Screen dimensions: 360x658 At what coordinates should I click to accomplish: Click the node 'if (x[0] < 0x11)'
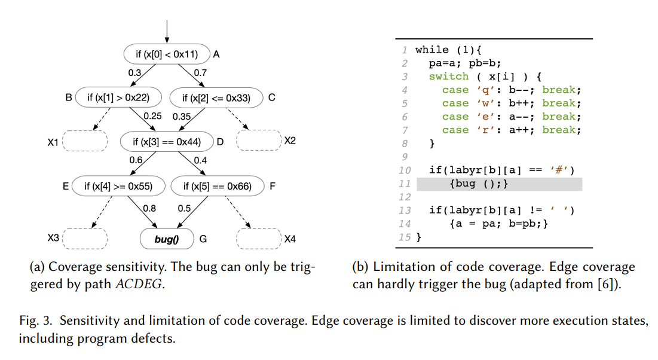(x=167, y=54)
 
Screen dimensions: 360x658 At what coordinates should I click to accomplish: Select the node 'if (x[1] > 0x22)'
(x=118, y=97)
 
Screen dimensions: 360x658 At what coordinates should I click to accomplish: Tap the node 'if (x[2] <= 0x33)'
(x=216, y=97)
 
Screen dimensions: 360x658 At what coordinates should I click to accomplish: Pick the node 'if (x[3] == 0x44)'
(x=167, y=142)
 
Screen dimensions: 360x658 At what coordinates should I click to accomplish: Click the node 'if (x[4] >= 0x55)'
(x=118, y=187)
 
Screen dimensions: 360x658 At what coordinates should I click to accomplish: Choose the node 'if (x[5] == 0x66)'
(x=216, y=187)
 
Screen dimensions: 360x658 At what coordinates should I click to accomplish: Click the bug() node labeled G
(x=167, y=239)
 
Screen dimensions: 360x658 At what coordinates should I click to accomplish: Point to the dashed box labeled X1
(x=84, y=141)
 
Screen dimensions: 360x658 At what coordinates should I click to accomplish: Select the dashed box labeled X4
(x=258, y=239)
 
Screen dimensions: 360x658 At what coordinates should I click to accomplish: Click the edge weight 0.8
(x=149, y=209)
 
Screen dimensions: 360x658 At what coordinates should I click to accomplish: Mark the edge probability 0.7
(x=200, y=73)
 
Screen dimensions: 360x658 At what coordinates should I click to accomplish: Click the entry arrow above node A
(x=167, y=30)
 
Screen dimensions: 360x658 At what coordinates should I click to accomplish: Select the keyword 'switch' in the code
(x=448, y=77)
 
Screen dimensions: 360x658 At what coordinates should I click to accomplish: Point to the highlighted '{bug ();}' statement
(x=478, y=184)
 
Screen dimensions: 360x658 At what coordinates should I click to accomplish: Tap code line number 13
(x=405, y=210)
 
